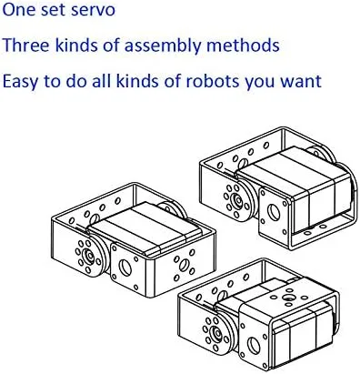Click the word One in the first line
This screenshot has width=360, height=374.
[x=19, y=14]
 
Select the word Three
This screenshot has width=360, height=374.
[x=26, y=45]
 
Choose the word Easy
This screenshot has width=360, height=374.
[x=20, y=80]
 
